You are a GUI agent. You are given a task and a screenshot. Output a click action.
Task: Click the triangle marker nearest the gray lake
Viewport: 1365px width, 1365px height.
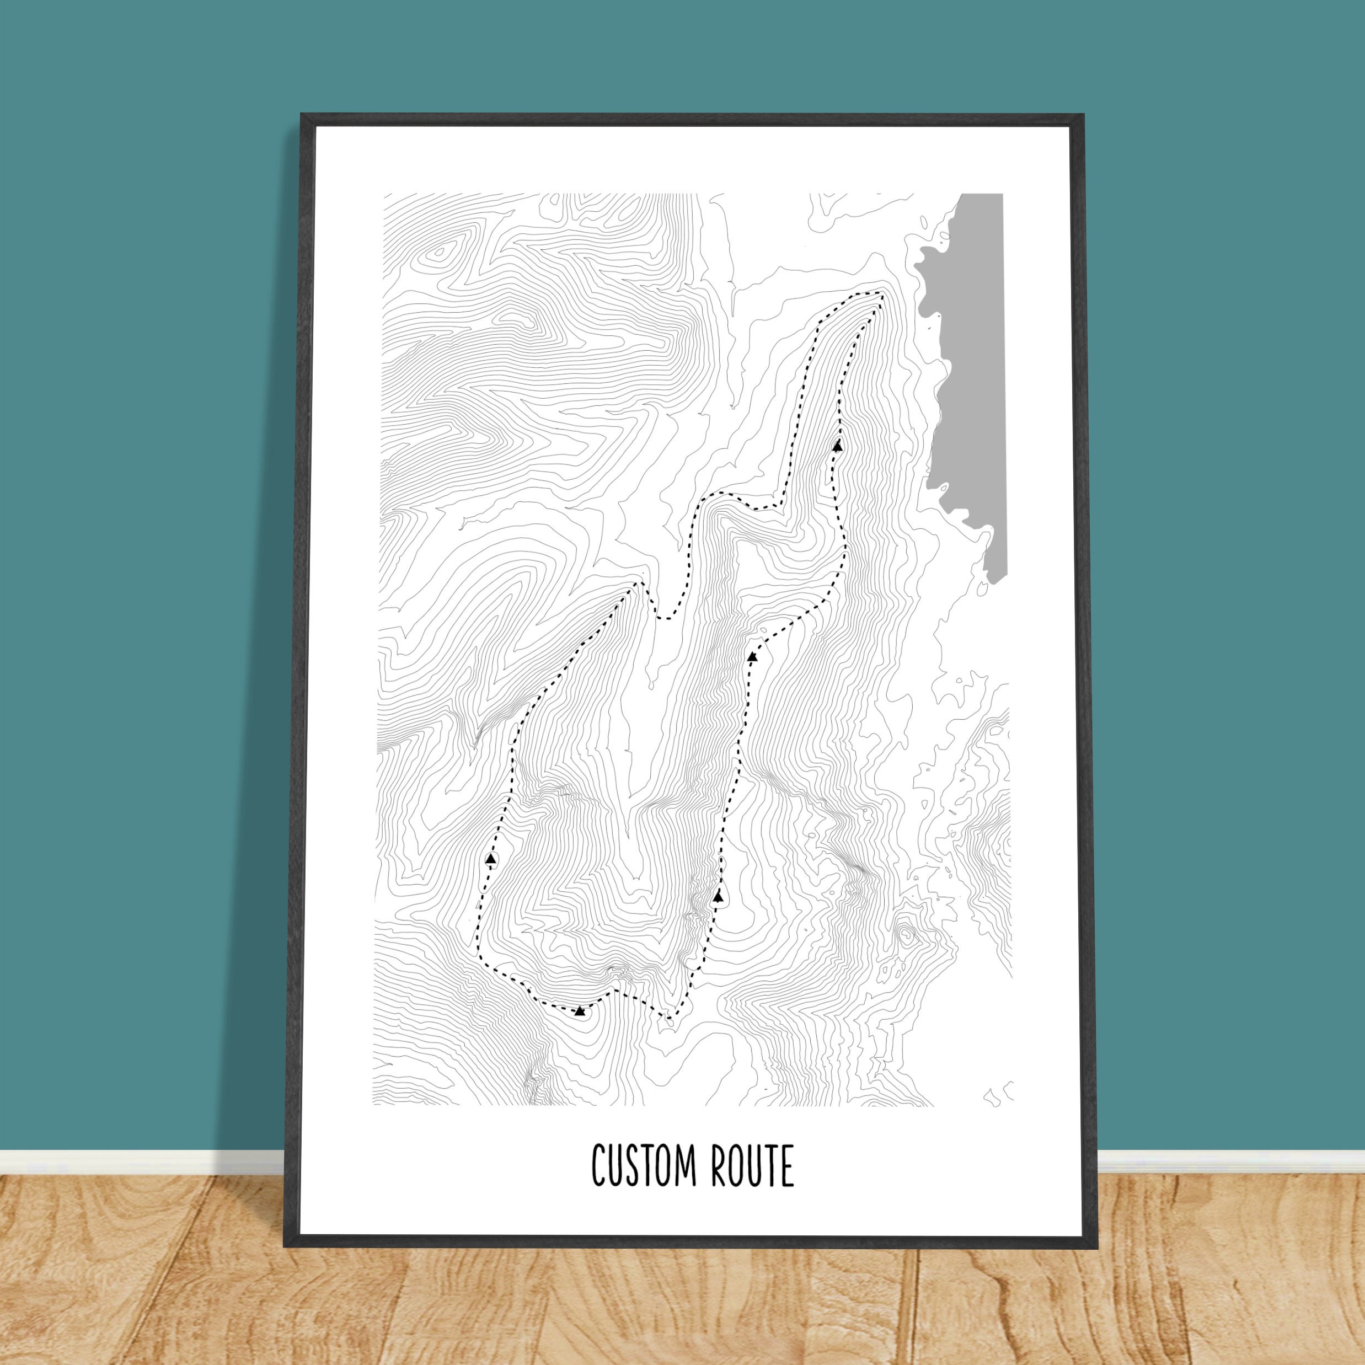pos(838,446)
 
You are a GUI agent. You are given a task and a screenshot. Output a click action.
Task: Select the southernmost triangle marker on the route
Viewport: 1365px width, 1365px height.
pos(579,1011)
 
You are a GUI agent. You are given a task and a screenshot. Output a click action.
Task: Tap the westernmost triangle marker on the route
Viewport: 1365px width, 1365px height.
pos(491,858)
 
